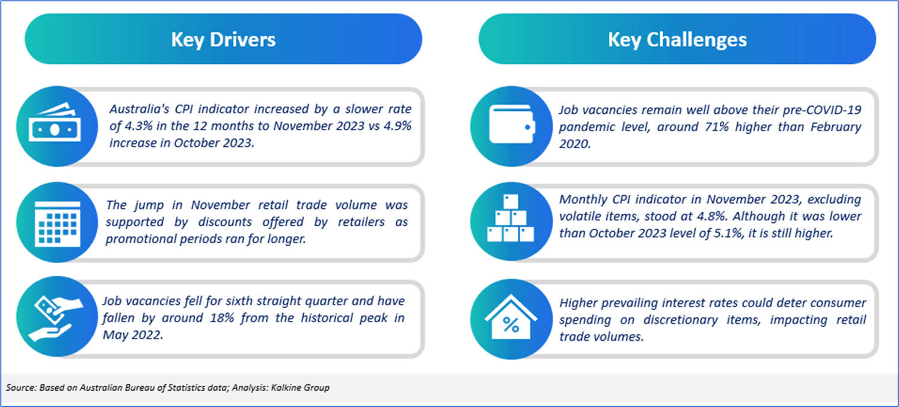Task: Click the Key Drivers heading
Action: click(223, 40)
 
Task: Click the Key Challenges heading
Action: click(677, 40)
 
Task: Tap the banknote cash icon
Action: click(55, 122)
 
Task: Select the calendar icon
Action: click(57, 223)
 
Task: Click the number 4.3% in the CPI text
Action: click(138, 126)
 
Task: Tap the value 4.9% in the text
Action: click(397, 126)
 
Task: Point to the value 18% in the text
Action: click(222, 318)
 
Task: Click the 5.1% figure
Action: click(728, 234)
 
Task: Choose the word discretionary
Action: click(681, 320)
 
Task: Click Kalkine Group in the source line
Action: click(300, 388)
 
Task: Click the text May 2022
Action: click(133, 335)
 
